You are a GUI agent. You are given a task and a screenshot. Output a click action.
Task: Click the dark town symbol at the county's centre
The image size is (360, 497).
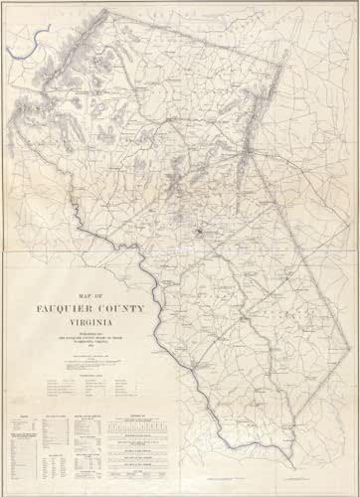click(198, 235)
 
